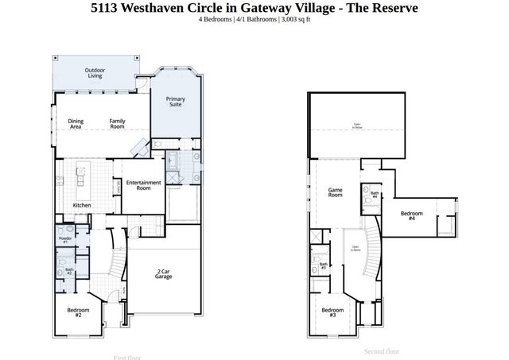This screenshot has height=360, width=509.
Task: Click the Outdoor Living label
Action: pos(95,73)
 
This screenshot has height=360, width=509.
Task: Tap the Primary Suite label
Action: pos(175,102)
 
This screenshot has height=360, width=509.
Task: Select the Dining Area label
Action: pos(76,124)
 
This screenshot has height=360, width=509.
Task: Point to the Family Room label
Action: pos(117,124)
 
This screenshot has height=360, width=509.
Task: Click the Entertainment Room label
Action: pos(143,186)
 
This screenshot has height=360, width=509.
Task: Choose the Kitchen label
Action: pos(82,206)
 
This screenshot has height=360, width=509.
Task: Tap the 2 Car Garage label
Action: pos(164,274)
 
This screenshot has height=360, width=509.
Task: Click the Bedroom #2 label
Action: pos(79,312)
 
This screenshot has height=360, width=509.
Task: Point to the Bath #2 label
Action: pos(68,271)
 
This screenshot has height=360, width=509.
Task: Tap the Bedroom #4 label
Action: pos(411,215)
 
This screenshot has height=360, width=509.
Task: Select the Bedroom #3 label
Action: pos(332,312)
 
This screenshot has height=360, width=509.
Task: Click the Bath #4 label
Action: pos(374,195)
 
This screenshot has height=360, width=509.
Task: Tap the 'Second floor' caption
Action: pos(382,351)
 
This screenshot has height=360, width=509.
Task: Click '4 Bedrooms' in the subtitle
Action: pos(216,19)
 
